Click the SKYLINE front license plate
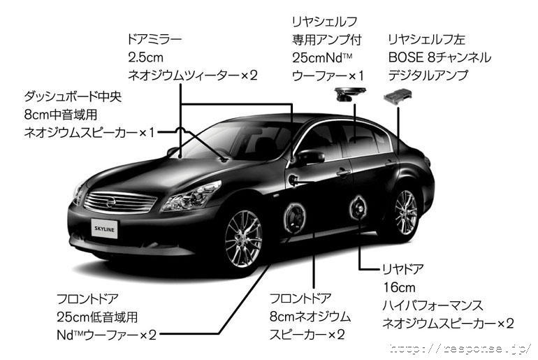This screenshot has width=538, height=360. click(x=104, y=229)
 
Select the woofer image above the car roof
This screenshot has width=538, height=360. click(x=350, y=94)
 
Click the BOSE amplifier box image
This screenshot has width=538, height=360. click(x=398, y=96)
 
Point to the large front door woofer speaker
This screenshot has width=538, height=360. click(x=294, y=217)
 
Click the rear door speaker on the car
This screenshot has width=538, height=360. click(x=358, y=208)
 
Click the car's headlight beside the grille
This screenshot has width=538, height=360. click(x=191, y=196)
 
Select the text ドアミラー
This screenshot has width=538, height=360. click(x=154, y=39)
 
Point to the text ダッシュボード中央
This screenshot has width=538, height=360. click(x=73, y=96)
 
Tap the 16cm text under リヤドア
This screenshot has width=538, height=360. click(x=399, y=287)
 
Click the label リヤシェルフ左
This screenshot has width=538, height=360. click(x=426, y=39)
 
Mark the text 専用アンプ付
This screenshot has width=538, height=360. click(x=327, y=40)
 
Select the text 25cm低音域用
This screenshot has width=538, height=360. click(x=97, y=317)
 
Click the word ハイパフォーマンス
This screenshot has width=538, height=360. click(x=432, y=305)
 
